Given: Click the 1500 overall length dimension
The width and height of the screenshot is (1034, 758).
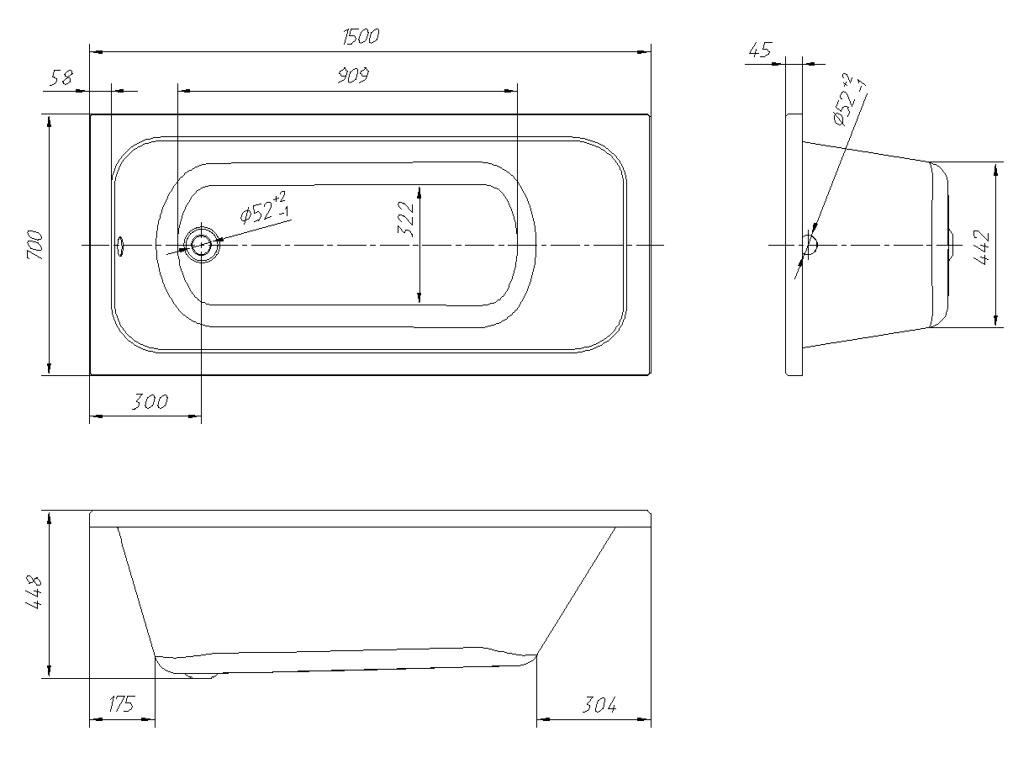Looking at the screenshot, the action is (x=361, y=36).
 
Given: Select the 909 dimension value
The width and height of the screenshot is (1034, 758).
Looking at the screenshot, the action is (x=354, y=76).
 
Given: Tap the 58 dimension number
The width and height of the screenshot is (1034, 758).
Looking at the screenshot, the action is (x=61, y=77).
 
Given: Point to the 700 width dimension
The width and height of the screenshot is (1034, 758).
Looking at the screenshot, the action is (x=35, y=245).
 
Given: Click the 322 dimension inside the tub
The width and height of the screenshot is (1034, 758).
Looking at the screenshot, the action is (x=406, y=219).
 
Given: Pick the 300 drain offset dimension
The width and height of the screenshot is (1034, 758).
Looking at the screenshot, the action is (x=150, y=402).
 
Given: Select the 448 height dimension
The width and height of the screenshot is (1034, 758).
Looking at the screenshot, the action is (x=34, y=592).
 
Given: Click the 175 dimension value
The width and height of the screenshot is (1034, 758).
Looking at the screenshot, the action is (x=121, y=704).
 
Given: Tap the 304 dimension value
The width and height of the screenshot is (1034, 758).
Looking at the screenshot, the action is (x=599, y=705).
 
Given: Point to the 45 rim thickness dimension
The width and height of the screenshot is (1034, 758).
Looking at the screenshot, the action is (x=760, y=50).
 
